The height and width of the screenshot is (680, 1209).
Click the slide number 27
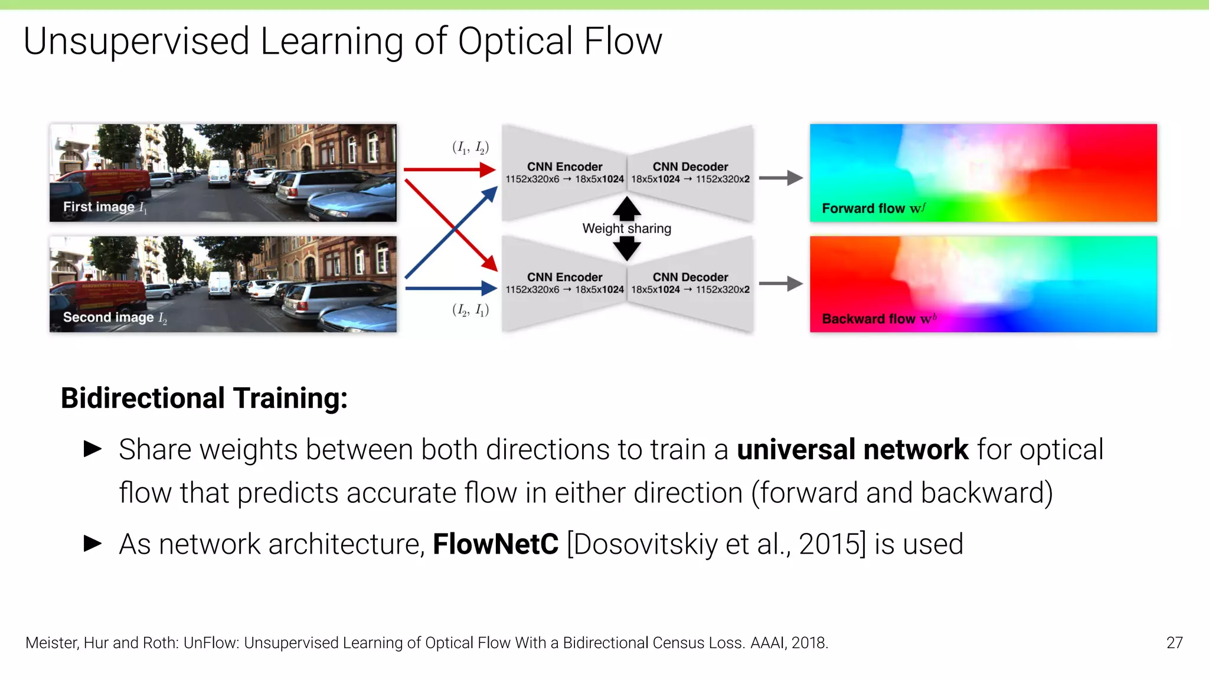pos(1174,643)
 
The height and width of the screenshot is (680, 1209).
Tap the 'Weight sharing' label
pos(626,228)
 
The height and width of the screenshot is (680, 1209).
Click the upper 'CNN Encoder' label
pos(564,167)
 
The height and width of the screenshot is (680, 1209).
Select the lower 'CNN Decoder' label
pos(690,277)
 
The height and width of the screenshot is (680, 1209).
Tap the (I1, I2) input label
pos(470,148)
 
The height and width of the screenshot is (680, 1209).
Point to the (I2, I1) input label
pos(470,310)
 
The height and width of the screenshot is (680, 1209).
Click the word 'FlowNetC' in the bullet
pos(495,544)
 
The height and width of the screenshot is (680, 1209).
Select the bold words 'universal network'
pos(852,450)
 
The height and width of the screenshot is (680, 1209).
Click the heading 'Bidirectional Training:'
pos(204,398)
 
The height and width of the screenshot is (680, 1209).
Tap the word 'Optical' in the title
pos(515,41)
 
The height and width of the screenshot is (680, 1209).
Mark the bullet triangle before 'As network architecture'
pos(93,543)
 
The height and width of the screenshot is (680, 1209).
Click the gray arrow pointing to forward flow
pos(780,178)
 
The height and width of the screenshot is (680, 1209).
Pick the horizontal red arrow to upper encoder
pos(449,170)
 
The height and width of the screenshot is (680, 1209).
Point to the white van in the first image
pos(219,173)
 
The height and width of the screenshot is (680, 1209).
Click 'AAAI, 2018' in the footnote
pos(789,643)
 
